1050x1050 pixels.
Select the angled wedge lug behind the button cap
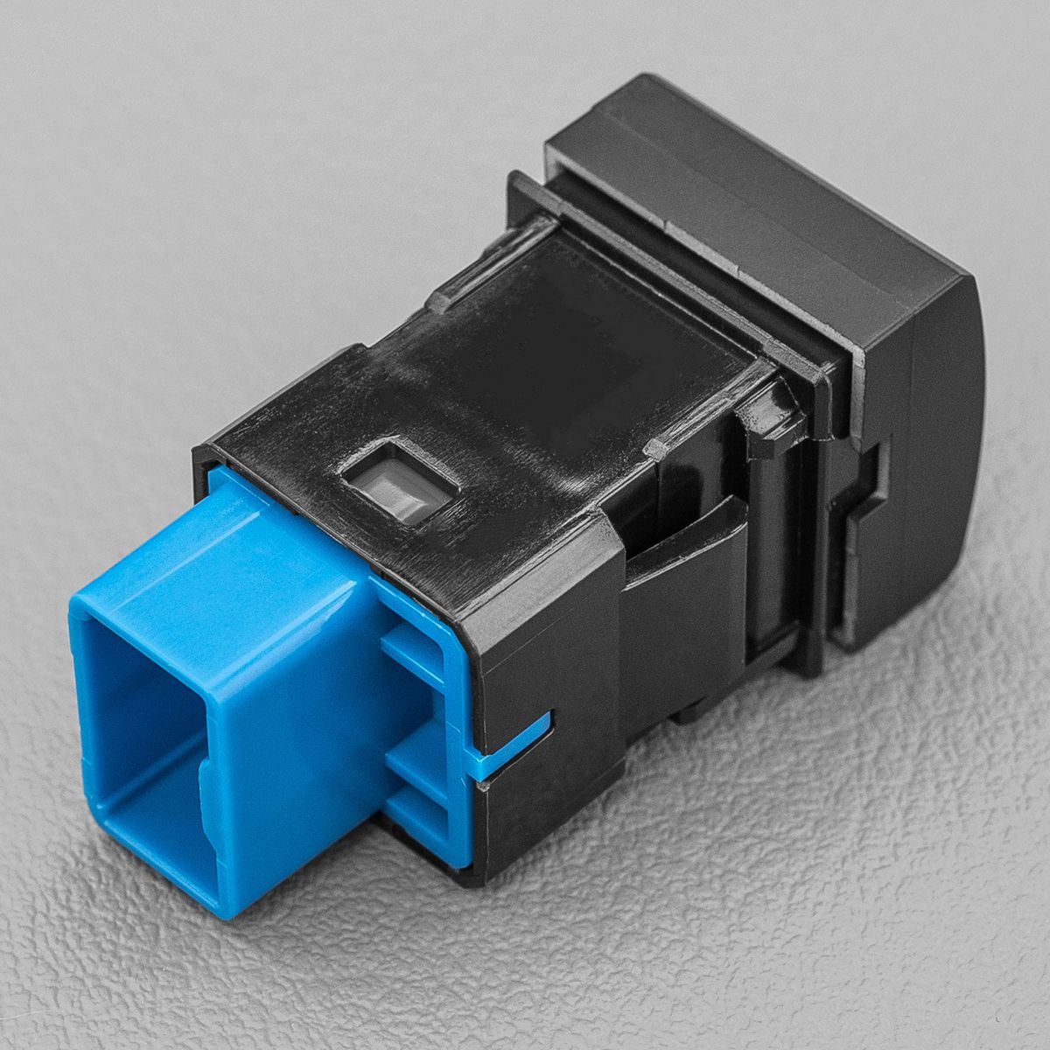pyautogui.click(x=770, y=411)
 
